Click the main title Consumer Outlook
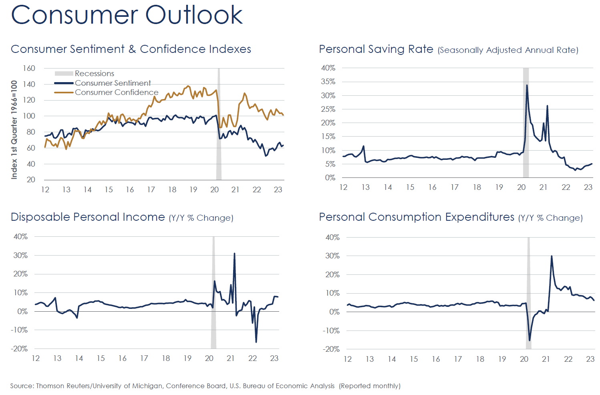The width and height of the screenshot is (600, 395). click(x=127, y=15)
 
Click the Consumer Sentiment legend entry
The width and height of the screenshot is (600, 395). click(x=113, y=83)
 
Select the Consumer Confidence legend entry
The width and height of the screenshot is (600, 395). click(x=116, y=93)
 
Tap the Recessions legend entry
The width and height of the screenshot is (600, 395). click(x=94, y=73)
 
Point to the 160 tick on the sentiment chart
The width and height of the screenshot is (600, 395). click(x=29, y=68)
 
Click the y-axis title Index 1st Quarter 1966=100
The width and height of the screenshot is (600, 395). click(x=14, y=129)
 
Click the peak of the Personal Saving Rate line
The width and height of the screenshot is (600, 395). click(x=527, y=85)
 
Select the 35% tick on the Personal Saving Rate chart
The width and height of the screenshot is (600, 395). click(x=328, y=82)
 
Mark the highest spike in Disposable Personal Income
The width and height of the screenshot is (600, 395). click(x=234, y=253)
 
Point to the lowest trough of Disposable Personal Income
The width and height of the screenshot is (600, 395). click(x=256, y=342)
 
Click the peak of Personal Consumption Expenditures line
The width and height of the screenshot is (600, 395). click(x=552, y=256)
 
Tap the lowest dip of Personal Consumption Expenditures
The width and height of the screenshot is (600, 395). click(x=530, y=340)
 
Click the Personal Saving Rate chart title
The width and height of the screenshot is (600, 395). click(x=376, y=49)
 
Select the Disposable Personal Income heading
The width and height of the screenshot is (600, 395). click(x=88, y=217)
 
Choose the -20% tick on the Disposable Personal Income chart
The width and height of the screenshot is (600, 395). click(x=19, y=349)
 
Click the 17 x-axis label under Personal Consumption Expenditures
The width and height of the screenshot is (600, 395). click(x=458, y=359)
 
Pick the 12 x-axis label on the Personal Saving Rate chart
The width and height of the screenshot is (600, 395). click(x=343, y=187)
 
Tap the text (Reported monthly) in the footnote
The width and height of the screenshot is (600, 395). click(x=369, y=386)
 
